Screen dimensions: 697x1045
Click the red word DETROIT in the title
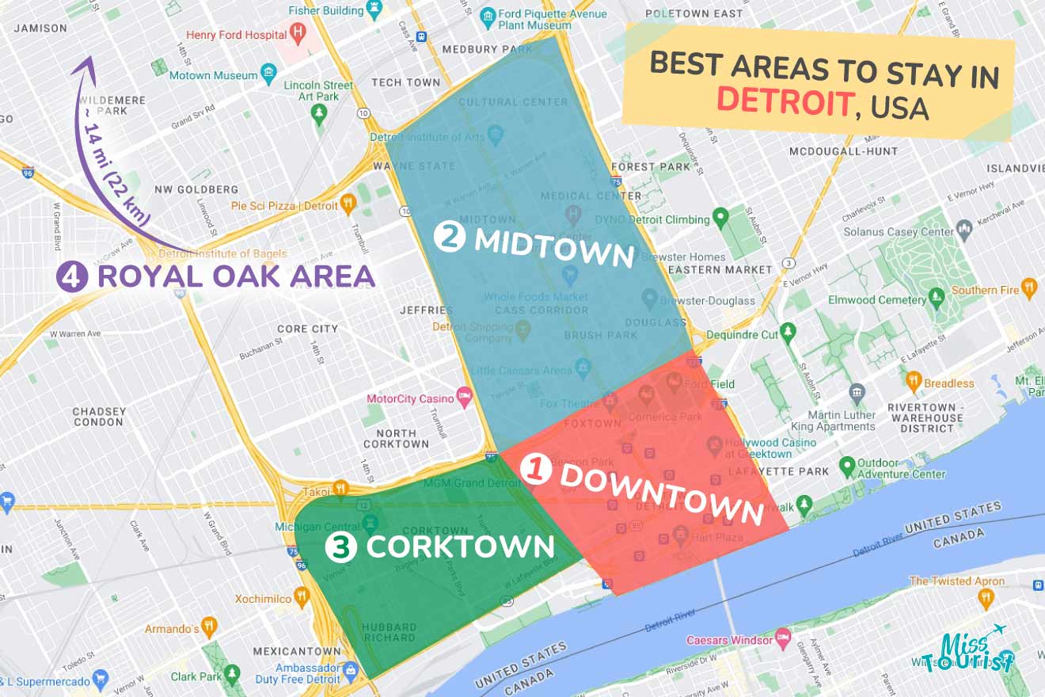click(x=784, y=101)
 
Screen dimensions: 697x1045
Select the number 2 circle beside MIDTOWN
click(x=450, y=236)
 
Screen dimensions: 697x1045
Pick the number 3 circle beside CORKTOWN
click(x=341, y=547)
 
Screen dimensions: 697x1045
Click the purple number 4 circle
click(x=72, y=276)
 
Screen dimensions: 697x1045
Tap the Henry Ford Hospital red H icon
click(x=298, y=33)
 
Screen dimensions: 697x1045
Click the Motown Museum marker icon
click(x=269, y=75)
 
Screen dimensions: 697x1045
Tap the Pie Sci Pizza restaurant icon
click(x=348, y=205)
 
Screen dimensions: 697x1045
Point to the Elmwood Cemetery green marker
click(x=937, y=299)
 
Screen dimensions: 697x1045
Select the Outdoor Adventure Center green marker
click(x=847, y=465)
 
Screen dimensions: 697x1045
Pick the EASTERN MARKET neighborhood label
click(x=720, y=269)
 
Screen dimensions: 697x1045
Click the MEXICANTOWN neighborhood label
click(x=296, y=650)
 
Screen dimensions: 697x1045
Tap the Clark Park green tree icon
click(x=232, y=675)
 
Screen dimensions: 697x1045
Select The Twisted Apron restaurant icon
click(x=986, y=599)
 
